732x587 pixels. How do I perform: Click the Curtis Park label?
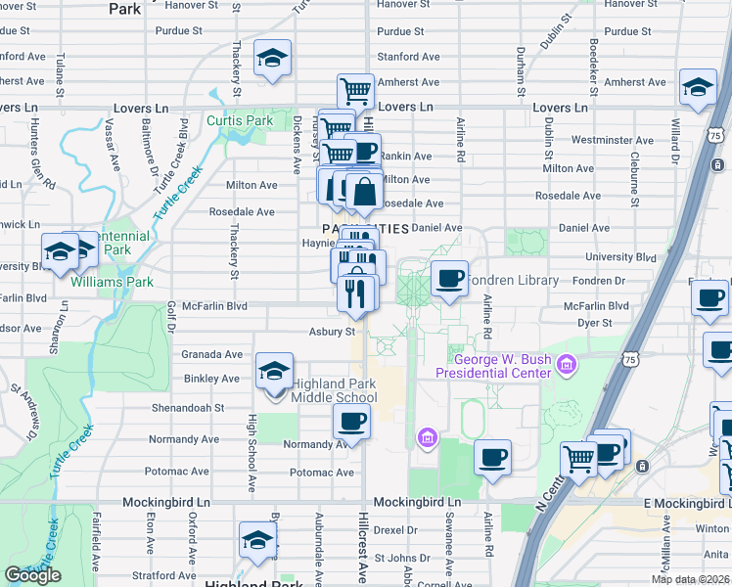pyautogui.click(x=240, y=121)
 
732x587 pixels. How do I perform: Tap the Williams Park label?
pyautogui.click(x=112, y=282)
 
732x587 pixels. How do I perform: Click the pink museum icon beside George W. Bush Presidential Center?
pyautogui.click(x=565, y=366)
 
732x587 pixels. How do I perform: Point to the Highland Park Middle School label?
pyautogui.click(x=321, y=390)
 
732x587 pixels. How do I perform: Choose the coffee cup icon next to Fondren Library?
pyautogui.click(x=449, y=279)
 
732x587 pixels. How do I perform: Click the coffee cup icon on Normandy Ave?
pyautogui.click(x=350, y=422)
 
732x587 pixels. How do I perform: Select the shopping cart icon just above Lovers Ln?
pyautogui.click(x=355, y=92)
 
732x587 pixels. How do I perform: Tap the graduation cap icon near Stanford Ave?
pyautogui.click(x=271, y=58)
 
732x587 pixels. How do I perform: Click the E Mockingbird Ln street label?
pyautogui.click(x=685, y=503)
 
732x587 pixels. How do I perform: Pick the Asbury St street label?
pyautogui.click(x=331, y=332)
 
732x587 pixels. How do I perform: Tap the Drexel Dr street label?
pyautogui.click(x=395, y=530)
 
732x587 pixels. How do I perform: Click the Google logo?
pyautogui.click(x=32, y=575)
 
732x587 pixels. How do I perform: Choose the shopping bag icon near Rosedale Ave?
pyautogui.click(x=363, y=192)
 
